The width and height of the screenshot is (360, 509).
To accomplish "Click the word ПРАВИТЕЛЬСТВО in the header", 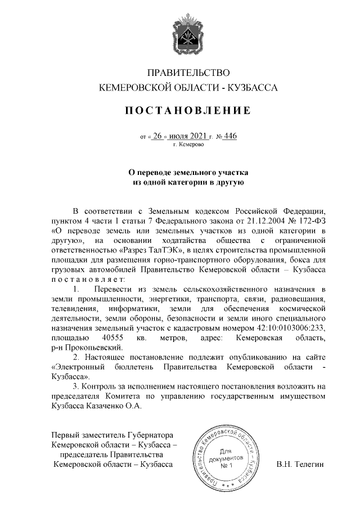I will tap(188, 73).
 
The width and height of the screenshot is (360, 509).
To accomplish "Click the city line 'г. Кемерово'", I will tap(188, 145).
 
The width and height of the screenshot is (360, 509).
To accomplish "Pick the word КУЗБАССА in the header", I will tap(256, 88).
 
